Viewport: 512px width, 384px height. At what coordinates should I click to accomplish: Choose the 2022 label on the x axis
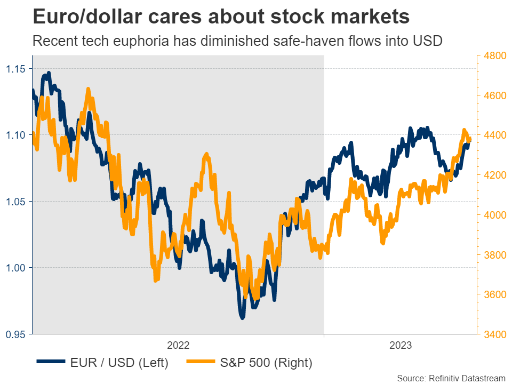point(178,346)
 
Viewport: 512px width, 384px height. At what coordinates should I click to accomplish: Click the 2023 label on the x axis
point(399,346)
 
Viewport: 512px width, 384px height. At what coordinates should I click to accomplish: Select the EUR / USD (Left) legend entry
point(103,363)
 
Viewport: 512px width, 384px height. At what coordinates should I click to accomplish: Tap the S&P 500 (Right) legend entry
point(249,363)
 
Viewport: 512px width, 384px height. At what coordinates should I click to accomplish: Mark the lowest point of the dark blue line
point(242,318)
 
